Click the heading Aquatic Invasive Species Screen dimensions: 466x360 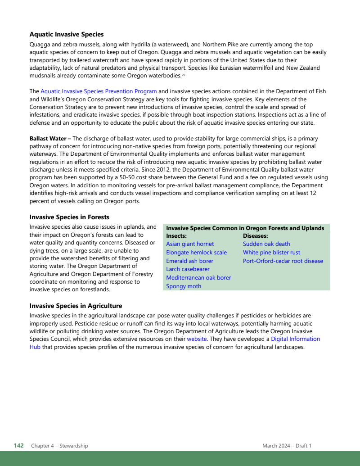tap(67, 34)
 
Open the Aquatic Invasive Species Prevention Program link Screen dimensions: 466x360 tap(99, 91)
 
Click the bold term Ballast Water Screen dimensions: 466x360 tap(48, 139)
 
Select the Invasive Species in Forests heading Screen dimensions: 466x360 tap(69, 217)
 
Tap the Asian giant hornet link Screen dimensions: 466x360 tap(190, 244)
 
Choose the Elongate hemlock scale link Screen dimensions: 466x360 tap(196, 253)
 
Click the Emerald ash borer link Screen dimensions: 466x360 tap(189, 261)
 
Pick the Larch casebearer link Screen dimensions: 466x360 tap(188, 269)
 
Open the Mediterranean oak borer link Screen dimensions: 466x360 tap(198, 278)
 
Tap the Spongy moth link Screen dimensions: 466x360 tap(184, 286)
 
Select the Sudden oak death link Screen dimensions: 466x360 tap(266, 244)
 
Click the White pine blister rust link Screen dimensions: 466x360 tap(271, 253)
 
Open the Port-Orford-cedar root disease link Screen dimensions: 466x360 tap(283, 261)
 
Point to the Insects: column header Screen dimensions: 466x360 tap(176, 236)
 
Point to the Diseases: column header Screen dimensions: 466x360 tap(256, 236)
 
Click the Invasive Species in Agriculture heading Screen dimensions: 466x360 tap(76, 306)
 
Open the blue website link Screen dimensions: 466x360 tap(197, 339)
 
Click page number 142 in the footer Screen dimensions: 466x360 tap(18, 446)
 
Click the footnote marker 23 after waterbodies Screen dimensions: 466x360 tap(184, 75)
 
